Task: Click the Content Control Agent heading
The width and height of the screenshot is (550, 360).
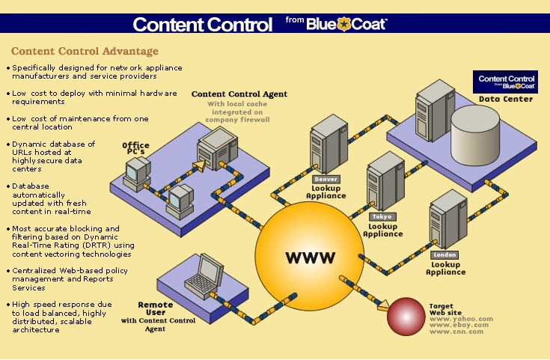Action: [239, 94]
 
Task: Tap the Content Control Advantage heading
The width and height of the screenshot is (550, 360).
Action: [85, 52]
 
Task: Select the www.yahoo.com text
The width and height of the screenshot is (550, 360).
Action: [461, 319]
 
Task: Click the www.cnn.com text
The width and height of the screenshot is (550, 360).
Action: [456, 331]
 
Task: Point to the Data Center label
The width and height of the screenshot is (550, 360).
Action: [506, 99]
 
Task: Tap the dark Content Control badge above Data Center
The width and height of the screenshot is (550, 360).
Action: [506, 81]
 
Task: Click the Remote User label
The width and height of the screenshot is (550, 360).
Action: [156, 309]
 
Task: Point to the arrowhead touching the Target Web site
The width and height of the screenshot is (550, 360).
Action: [383, 306]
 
